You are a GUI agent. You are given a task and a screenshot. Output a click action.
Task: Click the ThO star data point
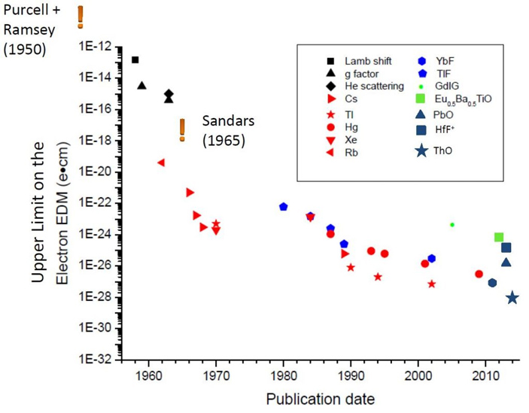click(512, 298)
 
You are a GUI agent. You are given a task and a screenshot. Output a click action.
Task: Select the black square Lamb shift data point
click(135, 59)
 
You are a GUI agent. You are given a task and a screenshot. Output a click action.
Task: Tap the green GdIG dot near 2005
click(451, 224)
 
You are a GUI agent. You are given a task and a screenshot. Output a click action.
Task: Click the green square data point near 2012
click(499, 237)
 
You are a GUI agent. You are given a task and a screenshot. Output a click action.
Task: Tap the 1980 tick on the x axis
click(283, 375)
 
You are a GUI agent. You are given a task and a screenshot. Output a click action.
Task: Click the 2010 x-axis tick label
click(485, 375)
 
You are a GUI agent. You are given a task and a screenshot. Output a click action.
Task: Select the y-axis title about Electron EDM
click(47, 203)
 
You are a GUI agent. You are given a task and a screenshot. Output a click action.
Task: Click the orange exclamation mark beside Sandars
click(181, 129)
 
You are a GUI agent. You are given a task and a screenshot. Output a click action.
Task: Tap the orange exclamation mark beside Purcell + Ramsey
click(81, 16)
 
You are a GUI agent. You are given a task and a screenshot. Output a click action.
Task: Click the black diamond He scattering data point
click(169, 94)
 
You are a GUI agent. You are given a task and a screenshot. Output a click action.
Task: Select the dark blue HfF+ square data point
click(506, 247)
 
